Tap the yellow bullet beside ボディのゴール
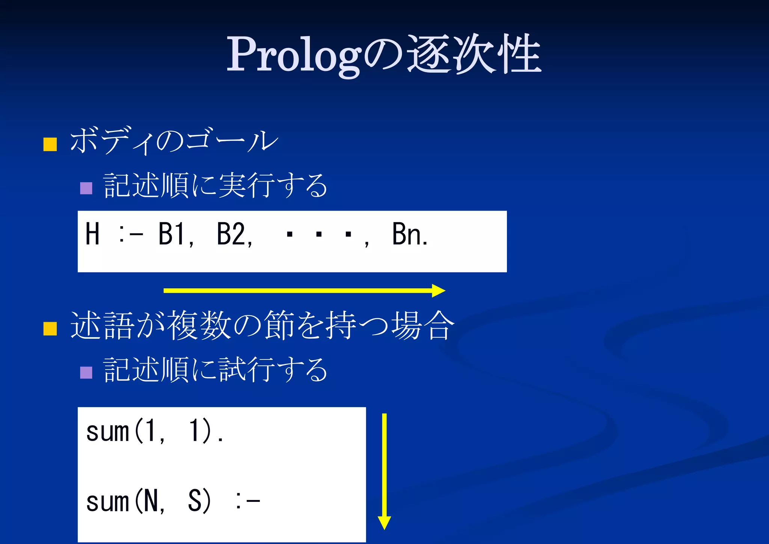click(x=50, y=144)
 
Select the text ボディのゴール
click(x=174, y=141)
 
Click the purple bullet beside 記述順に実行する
click(x=86, y=188)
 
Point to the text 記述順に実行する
click(x=216, y=185)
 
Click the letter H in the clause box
click(x=92, y=234)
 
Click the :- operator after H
click(x=131, y=235)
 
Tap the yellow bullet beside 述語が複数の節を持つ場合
click(x=50, y=328)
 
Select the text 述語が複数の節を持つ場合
click(x=262, y=326)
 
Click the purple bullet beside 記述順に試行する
click(x=86, y=373)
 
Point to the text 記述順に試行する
click(x=216, y=370)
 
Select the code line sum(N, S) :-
click(x=173, y=502)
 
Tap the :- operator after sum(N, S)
click(x=248, y=502)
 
